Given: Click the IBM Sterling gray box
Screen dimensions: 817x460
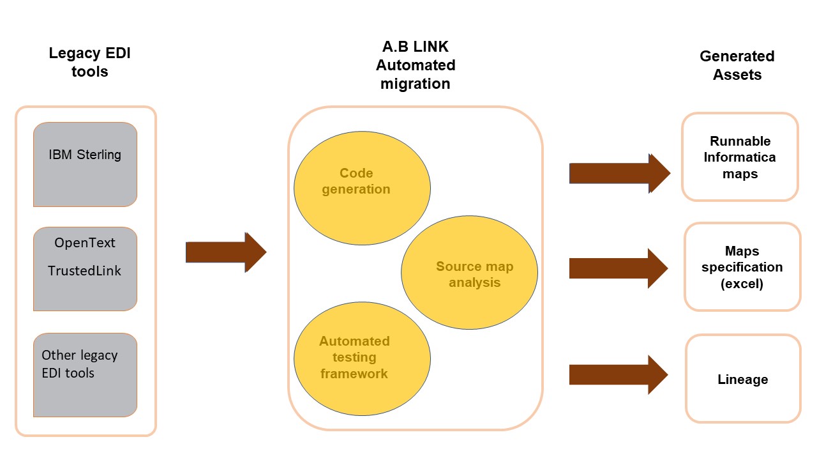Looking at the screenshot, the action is click(x=85, y=165).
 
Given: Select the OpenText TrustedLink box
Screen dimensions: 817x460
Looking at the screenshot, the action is click(x=85, y=269).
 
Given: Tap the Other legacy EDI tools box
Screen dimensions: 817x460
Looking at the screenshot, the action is click(x=85, y=375).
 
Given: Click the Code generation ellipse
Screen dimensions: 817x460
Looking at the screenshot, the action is click(x=362, y=188).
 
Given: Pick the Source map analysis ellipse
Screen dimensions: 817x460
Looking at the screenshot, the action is click(x=469, y=272).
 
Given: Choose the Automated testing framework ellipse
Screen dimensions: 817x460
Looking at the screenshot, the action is click(x=362, y=358).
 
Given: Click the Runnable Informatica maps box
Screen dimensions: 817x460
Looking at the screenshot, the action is click(x=740, y=157).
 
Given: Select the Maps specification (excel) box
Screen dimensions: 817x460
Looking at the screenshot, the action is click(x=742, y=267).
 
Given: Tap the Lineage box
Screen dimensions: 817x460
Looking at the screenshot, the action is click(x=744, y=379).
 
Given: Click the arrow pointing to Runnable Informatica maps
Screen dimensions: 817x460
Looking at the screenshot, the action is click(x=620, y=173).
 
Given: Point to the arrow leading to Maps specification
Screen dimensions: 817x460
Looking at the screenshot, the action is click(x=618, y=268).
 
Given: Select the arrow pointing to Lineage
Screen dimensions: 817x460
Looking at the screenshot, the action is click(x=618, y=374).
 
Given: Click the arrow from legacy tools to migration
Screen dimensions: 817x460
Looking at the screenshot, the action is click(x=226, y=252).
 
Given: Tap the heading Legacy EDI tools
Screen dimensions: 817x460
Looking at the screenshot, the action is click(x=90, y=63).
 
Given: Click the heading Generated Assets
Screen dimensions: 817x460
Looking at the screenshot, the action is click(x=737, y=65).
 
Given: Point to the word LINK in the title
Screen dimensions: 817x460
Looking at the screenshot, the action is click(x=431, y=47).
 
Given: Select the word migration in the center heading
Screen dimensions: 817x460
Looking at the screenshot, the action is click(x=416, y=84).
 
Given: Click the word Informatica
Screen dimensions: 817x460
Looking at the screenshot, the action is click(x=740, y=157).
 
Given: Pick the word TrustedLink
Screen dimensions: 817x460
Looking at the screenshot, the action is click(x=84, y=271).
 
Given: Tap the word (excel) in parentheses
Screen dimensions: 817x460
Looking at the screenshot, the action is click(x=742, y=284).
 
